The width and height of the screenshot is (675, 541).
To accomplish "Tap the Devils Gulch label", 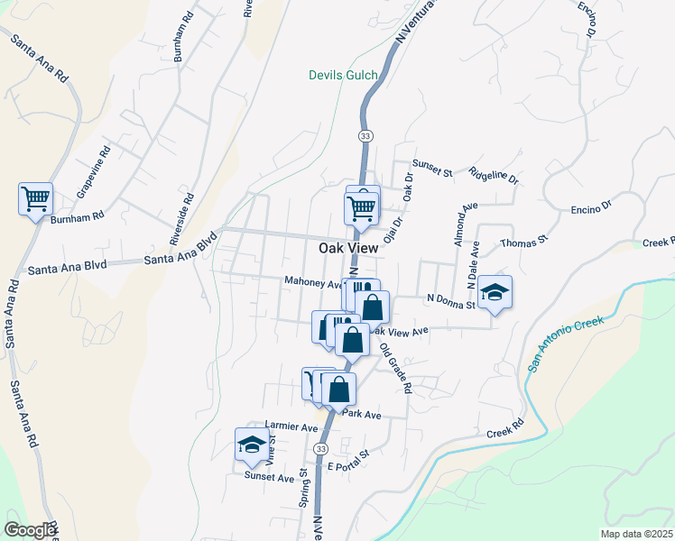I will click(x=343, y=75).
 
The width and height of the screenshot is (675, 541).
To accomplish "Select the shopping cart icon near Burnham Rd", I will click(x=35, y=198).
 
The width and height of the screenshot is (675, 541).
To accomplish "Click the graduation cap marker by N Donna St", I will click(x=495, y=292).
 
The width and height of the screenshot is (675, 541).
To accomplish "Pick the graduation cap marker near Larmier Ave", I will click(x=252, y=444).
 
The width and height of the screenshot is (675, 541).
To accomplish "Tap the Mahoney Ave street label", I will click(x=312, y=281).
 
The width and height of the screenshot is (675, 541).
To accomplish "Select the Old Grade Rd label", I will click(x=395, y=368).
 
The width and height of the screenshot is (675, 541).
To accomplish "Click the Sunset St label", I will click(x=431, y=164).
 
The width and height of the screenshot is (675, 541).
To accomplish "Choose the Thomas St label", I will click(x=524, y=242).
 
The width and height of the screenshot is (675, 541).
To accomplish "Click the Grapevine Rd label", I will click(x=93, y=171).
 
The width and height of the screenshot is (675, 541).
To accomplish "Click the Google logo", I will click(x=30, y=530).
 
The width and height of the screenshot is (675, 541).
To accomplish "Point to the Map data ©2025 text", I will click(x=636, y=534).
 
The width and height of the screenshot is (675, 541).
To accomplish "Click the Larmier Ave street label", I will click(x=291, y=426).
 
